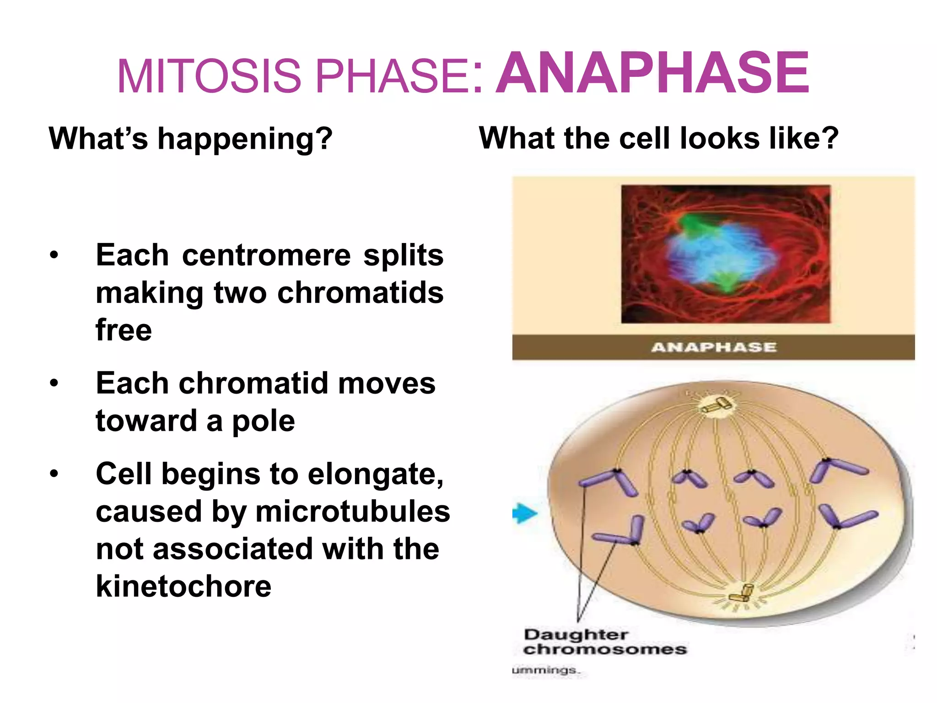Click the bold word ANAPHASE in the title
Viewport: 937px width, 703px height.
(652, 73)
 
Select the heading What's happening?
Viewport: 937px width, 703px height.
(190, 138)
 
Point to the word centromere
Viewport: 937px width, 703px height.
(266, 255)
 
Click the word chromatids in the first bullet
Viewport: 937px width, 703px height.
(361, 292)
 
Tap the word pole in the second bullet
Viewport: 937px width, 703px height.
(264, 421)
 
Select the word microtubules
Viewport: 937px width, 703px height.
(352, 511)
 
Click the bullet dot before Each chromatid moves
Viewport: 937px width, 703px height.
(54, 383)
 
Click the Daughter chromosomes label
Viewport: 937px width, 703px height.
(604, 642)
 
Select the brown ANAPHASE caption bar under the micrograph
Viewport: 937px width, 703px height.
(713, 347)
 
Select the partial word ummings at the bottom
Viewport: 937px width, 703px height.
(545, 670)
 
